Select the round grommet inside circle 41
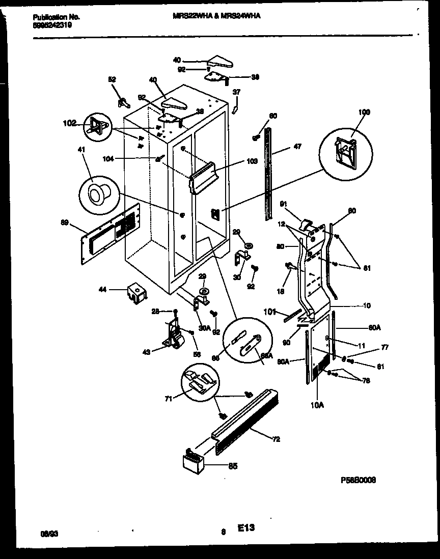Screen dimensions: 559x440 click(96, 193)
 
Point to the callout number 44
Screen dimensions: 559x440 click(103, 290)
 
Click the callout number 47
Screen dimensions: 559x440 click(297, 147)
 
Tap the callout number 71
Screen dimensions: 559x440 click(168, 399)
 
